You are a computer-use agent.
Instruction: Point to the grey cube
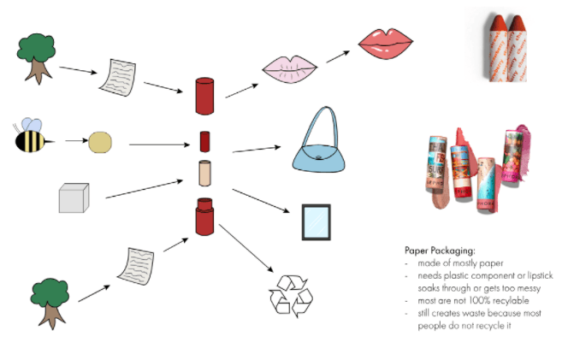point(74,198)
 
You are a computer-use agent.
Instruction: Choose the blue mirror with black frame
point(315,222)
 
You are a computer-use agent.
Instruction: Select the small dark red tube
point(204,140)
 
